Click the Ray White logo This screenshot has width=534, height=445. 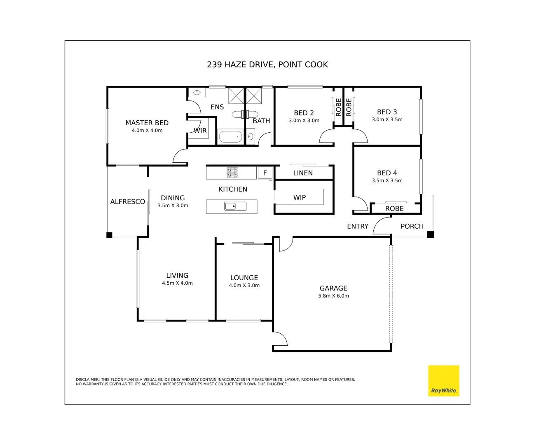tap(443, 381)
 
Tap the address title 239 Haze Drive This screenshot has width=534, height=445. tap(267, 65)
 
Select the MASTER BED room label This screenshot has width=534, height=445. tap(147, 123)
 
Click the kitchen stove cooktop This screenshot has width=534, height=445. tap(232, 173)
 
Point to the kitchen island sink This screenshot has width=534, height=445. tap(235, 206)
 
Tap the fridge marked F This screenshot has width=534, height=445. tap(265, 173)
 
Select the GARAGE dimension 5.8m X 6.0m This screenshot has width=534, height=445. tap(333, 296)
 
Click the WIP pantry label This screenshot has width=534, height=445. tap(300, 198)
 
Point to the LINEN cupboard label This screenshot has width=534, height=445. tap(303, 173)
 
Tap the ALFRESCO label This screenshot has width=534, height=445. tap(127, 201)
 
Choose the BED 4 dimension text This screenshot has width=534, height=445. tap(387, 180)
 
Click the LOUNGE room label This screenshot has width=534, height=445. tap(244, 278)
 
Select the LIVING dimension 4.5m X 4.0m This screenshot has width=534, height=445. tap(177, 283)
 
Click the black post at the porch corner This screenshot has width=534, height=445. tap(430, 234)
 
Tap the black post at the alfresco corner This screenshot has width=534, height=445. tap(109, 235)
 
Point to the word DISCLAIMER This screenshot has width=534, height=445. tap(88, 379)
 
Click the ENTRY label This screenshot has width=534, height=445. tap(357, 226)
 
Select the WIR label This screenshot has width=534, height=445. tap(200, 131)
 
